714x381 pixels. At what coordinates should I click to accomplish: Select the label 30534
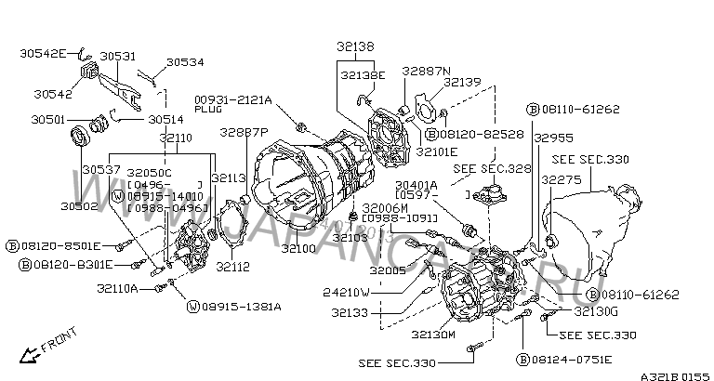tap(185, 63)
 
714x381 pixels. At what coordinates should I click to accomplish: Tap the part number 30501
tap(48, 119)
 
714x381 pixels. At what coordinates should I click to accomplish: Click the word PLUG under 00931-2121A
tap(207, 110)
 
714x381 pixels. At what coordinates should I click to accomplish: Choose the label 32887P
tap(244, 132)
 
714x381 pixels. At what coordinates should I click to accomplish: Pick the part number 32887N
tap(426, 70)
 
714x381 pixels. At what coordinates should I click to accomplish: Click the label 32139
tap(463, 82)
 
